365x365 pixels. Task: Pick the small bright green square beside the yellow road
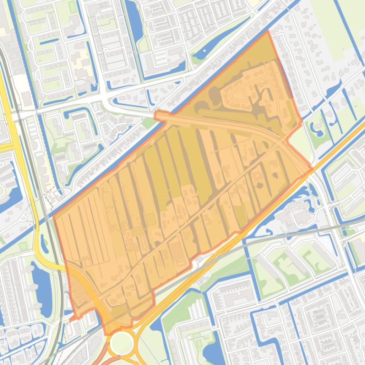coord(23,246)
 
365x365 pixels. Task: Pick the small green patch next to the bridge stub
coord(149,122)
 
